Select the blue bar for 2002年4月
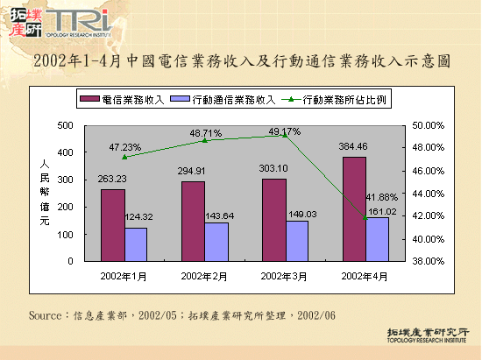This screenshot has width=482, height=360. click(x=378, y=239)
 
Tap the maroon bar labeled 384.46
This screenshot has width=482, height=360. click(x=354, y=209)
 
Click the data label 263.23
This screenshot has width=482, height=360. click(x=112, y=180)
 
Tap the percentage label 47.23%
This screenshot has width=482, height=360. click(x=125, y=146)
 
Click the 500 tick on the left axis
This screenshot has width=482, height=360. click(x=66, y=125)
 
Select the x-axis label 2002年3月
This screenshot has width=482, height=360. click(x=286, y=276)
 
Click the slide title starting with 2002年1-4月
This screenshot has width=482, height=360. click(x=241, y=61)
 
